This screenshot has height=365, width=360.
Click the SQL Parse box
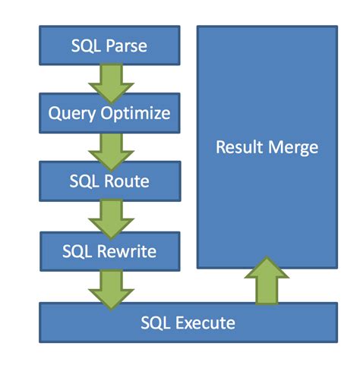(x=109, y=45)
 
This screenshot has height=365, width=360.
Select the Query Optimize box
(x=109, y=114)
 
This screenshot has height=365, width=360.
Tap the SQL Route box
(x=109, y=182)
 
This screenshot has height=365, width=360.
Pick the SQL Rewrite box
(x=109, y=250)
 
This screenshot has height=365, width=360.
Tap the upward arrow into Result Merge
(x=266, y=279)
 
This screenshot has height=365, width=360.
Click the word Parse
(x=126, y=46)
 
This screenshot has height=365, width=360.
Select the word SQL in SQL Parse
(x=86, y=46)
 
